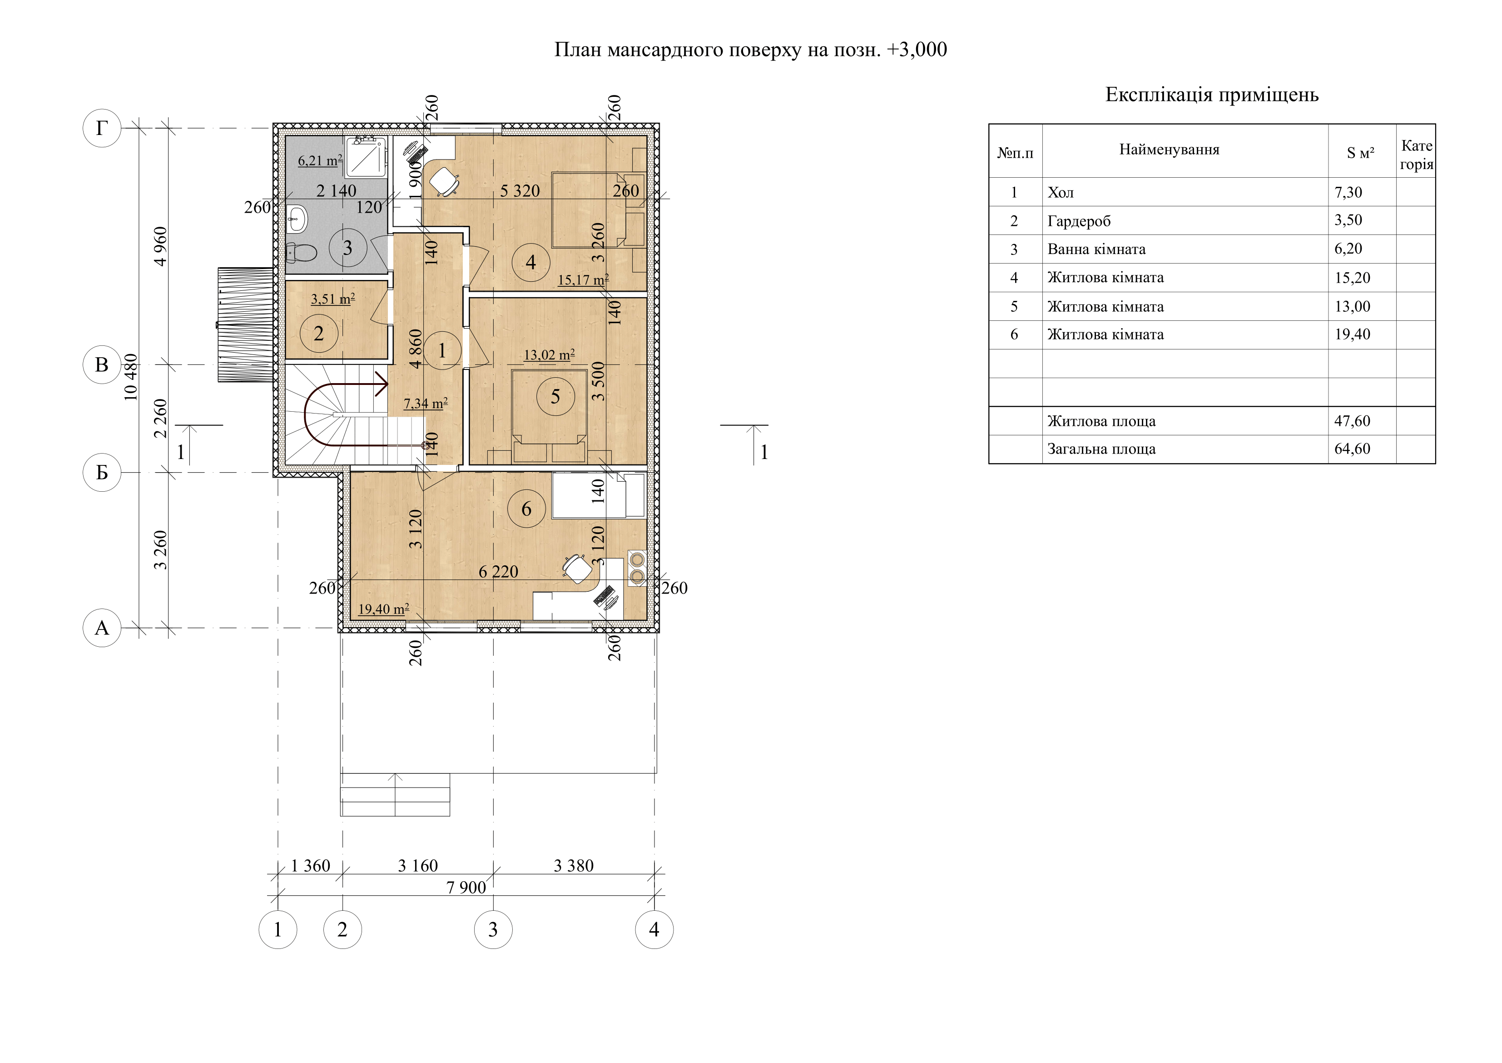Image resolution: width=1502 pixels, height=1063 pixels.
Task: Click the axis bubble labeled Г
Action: tap(102, 128)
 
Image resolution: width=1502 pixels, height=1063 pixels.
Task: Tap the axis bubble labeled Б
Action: tap(102, 473)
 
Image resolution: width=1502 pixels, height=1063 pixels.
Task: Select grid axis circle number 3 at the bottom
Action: tap(493, 929)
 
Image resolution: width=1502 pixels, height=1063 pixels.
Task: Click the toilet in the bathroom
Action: tap(301, 252)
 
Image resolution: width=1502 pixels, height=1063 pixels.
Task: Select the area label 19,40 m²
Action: tap(384, 609)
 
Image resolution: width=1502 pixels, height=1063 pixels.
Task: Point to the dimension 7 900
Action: tap(466, 888)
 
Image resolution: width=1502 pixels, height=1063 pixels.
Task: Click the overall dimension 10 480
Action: tap(131, 377)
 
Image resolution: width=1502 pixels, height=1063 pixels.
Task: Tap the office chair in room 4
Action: tap(444, 181)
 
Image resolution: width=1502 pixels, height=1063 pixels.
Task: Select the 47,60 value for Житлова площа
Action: tap(1352, 421)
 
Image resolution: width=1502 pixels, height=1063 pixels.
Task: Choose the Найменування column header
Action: tap(1170, 150)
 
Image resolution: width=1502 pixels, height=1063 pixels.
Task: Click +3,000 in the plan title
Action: tap(917, 50)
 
